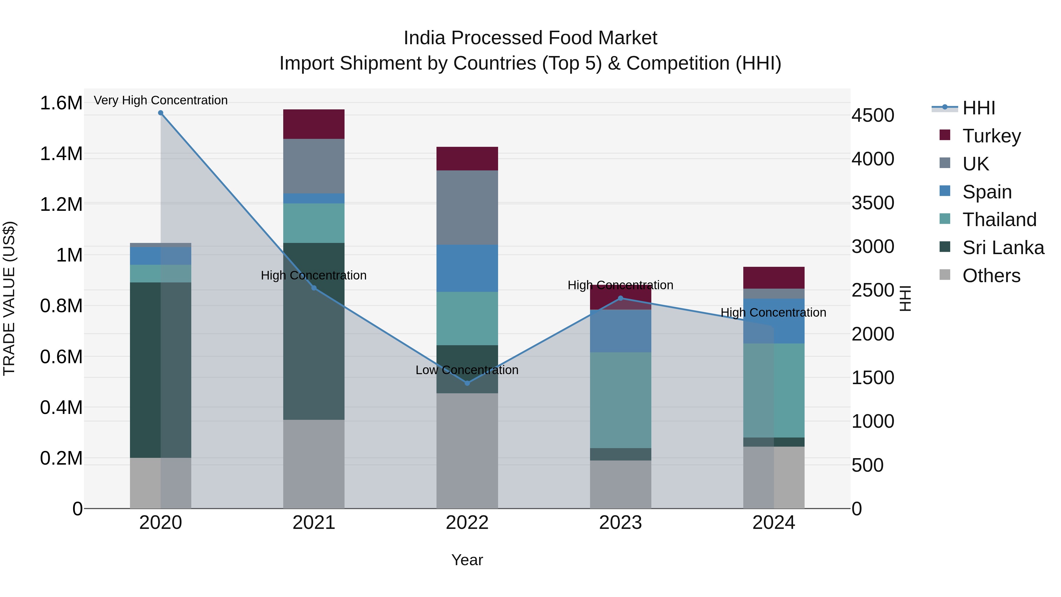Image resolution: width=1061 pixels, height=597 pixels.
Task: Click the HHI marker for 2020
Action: pos(161,113)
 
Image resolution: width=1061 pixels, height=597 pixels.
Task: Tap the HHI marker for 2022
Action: pos(467,383)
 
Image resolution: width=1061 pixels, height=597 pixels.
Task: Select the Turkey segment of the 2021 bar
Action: pos(314,124)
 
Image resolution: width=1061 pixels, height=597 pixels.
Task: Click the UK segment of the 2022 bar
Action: pos(467,208)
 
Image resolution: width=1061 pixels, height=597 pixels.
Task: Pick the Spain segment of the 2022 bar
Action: pos(467,268)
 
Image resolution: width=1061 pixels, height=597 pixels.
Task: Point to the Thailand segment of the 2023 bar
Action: pos(620,400)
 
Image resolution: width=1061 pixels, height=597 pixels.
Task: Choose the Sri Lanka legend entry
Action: pos(1003,248)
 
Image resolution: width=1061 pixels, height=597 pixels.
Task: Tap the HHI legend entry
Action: pos(978,108)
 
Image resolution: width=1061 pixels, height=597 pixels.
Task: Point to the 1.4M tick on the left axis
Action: pos(61,154)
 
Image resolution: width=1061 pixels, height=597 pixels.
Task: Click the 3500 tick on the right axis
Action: pos(873,203)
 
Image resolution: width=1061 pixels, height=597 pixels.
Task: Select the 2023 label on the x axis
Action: pos(620,523)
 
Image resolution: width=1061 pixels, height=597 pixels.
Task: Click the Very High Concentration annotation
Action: pos(161,100)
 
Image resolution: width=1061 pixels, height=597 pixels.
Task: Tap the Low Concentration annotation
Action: pos(467,370)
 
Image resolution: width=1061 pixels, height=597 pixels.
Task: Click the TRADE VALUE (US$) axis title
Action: pos(9,298)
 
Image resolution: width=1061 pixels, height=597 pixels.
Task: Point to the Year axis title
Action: pos(467,560)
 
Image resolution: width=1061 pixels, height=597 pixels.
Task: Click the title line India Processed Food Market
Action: pos(530,38)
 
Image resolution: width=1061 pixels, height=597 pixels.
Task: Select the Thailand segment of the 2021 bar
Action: pos(314,223)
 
